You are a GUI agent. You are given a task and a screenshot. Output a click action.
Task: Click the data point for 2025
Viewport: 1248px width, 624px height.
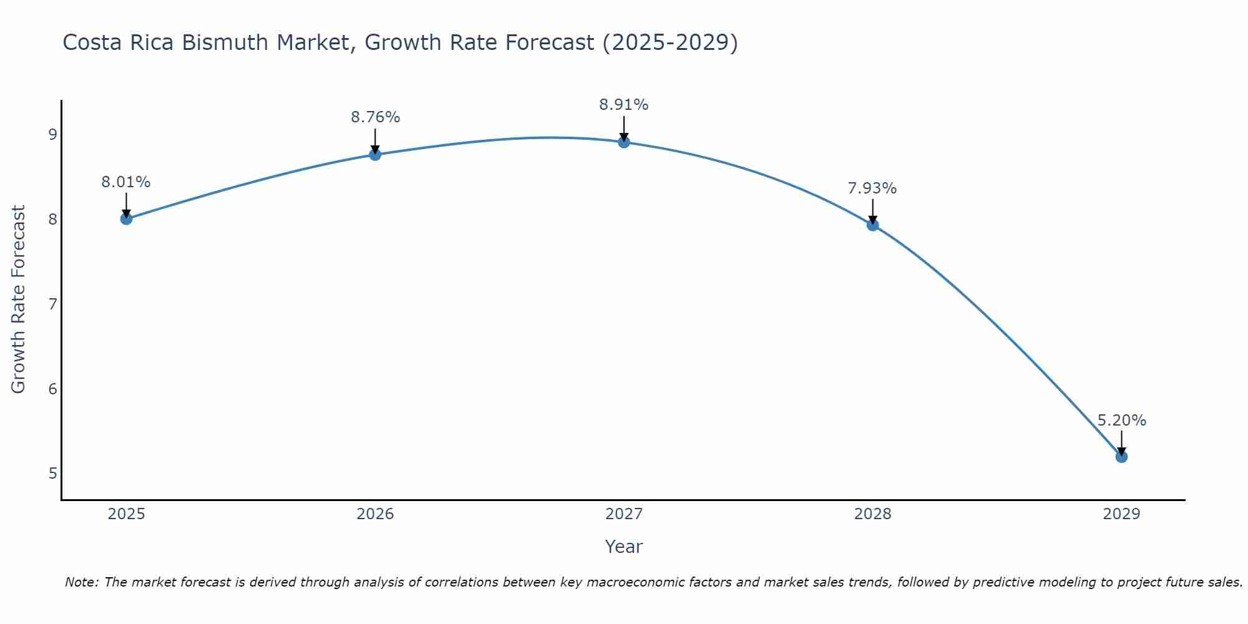126,218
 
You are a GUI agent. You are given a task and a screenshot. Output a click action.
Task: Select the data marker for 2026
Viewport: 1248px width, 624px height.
375,154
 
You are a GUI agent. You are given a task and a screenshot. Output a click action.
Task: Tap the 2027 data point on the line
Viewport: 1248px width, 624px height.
624,142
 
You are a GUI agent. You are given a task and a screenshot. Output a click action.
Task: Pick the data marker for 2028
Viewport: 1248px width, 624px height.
872,225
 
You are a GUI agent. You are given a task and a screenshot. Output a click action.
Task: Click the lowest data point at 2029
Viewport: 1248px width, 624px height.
1121,457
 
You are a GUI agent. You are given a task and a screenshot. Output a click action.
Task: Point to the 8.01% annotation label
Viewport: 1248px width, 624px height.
126,182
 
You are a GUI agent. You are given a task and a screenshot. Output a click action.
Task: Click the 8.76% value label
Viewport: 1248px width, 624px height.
375,117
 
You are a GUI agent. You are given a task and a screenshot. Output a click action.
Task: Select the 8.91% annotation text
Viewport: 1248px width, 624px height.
624,105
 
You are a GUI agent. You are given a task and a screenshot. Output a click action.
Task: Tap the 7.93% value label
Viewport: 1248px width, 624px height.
872,188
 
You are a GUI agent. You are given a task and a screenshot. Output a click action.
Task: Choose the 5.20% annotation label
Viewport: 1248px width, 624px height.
1121,421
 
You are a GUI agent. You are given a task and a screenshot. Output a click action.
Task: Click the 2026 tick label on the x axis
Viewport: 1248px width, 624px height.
375,514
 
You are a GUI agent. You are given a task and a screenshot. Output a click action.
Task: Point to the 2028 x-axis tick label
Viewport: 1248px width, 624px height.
872,514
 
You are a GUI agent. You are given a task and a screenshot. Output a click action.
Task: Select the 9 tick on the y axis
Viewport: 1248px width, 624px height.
52,135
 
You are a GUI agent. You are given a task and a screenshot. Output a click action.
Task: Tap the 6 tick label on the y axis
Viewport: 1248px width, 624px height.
52,389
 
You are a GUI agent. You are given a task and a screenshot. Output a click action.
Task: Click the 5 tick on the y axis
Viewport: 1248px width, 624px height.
52,474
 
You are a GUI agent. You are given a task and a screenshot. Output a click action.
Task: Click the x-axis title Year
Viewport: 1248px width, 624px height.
624,547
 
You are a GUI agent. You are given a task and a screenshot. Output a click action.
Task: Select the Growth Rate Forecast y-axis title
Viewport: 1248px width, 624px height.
19,300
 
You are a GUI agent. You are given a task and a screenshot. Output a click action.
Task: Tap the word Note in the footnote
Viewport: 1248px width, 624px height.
81,582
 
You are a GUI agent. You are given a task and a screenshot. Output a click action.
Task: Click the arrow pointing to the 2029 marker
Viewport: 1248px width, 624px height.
1121,442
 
